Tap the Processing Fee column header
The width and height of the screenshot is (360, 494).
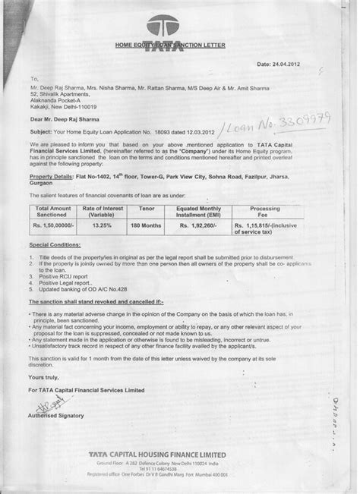tap(288, 209)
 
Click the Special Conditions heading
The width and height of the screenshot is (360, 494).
tap(58, 246)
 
